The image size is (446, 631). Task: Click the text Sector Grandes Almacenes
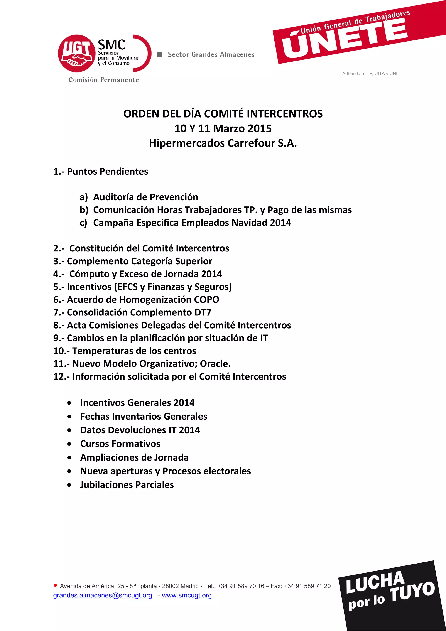click(x=211, y=55)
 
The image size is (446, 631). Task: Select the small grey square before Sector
click(x=159, y=54)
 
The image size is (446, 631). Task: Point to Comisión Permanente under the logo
click(x=104, y=80)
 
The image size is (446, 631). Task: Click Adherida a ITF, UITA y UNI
click(x=369, y=74)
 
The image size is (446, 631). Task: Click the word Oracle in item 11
click(x=215, y=364)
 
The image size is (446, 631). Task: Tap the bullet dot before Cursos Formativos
click(x=69, y=444)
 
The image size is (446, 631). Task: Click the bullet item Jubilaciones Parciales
click(x=127, y=485)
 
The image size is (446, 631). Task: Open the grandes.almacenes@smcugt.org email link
click(x=103, y=595)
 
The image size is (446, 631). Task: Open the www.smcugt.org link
click(x=187, y=595)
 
